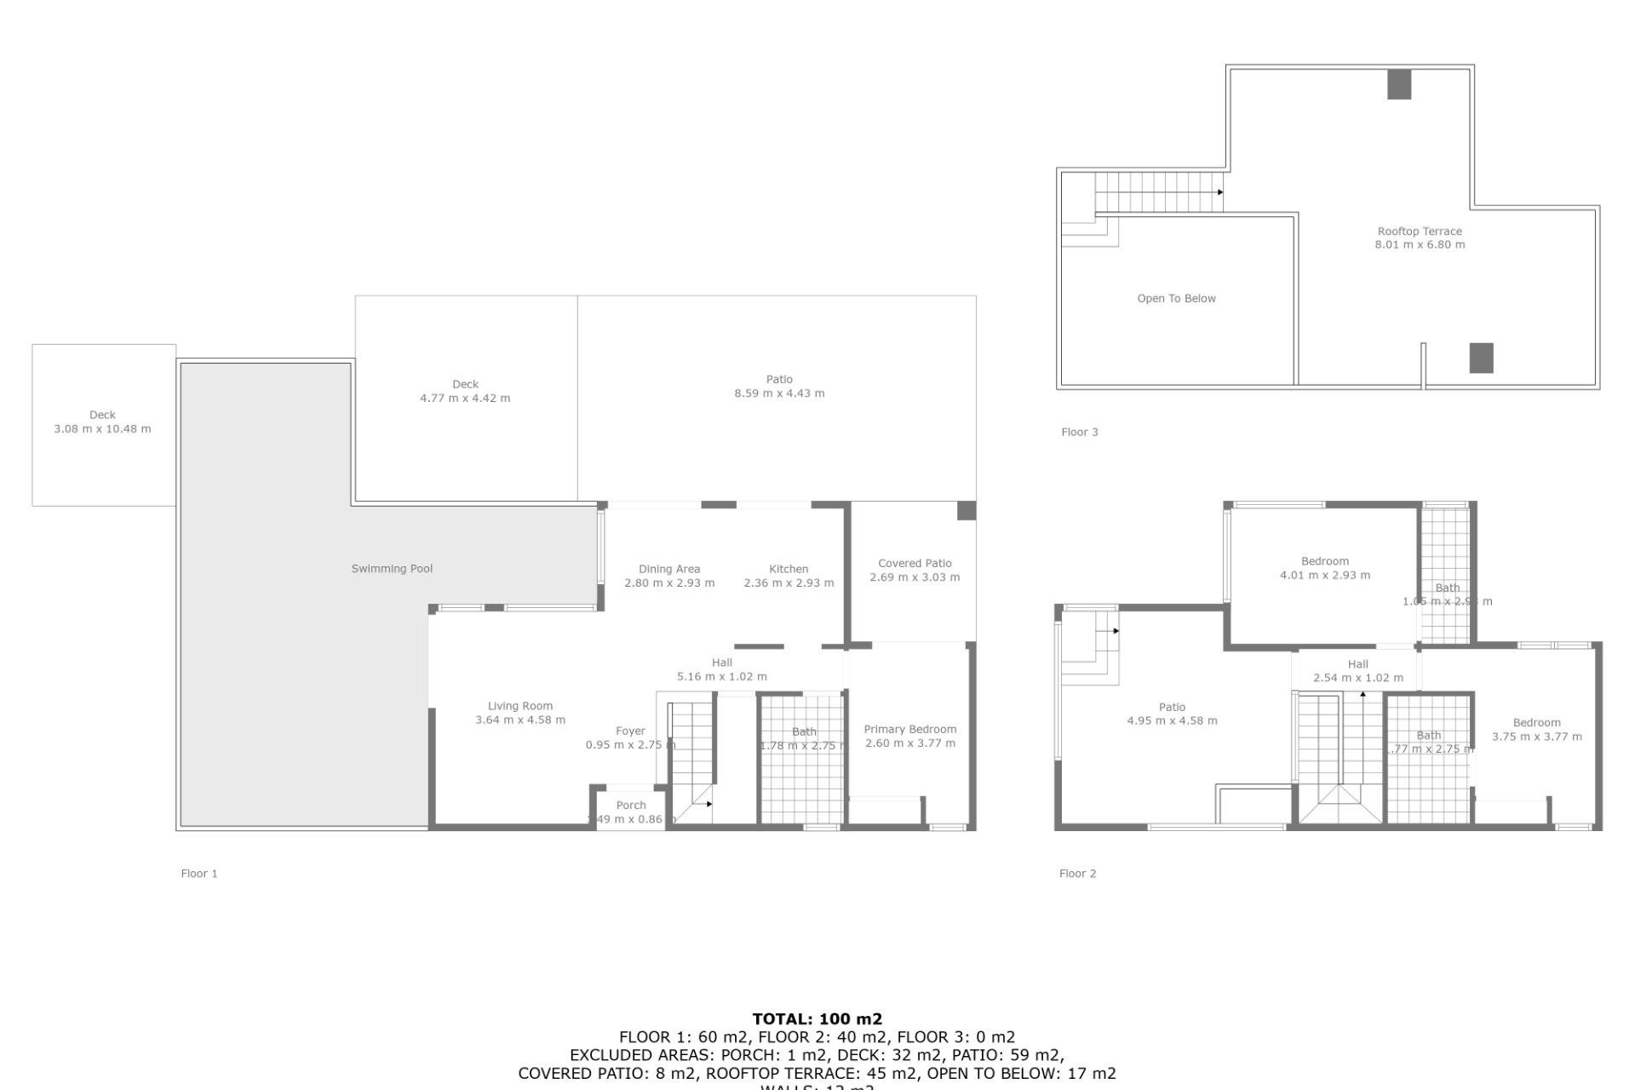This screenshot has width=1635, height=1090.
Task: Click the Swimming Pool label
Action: pos(392,569)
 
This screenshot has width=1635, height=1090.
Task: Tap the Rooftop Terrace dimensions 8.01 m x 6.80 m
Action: pos(1420,244)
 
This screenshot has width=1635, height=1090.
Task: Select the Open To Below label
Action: pos(1176,299)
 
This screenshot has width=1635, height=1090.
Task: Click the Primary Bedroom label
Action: pos(909,730)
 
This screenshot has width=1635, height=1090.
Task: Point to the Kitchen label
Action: pos(789,569)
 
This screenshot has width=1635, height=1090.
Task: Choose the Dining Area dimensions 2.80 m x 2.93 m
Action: pos(669,583)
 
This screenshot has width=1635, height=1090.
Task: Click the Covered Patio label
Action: pos(915,564)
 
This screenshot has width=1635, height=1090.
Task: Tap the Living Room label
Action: pos(519,706)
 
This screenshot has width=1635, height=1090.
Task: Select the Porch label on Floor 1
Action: pos(631,806)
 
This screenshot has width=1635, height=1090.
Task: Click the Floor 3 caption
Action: pos(1079,433)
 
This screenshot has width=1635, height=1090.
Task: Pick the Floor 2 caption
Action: pos(1077,874)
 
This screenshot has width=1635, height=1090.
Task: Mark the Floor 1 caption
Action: pos(199,874)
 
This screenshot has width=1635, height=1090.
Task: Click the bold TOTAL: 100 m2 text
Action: pos(817,1018)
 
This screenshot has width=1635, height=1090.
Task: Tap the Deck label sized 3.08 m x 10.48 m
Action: pos(102,416)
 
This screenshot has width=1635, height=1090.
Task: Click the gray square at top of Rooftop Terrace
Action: pos(1399,84)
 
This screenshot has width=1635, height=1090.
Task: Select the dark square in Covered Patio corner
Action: pos(967,510)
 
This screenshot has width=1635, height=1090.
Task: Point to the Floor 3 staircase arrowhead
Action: pos(1220,192)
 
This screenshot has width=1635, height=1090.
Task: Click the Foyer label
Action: pos(630,731)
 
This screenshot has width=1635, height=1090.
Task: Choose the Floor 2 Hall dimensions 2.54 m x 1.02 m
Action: pos(1357,679)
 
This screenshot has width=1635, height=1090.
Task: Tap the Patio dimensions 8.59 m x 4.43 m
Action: pos(779,393)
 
